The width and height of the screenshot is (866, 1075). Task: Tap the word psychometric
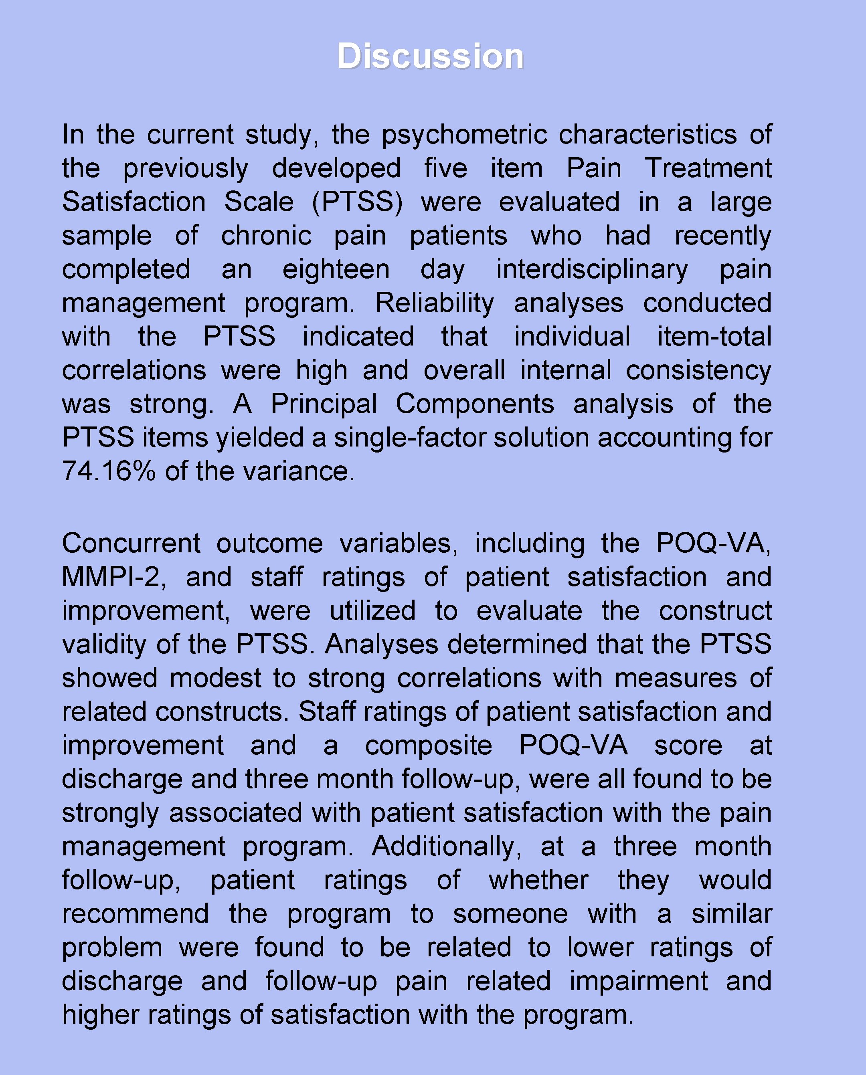[464, 135]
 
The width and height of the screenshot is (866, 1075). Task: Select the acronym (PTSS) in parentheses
[357, 202]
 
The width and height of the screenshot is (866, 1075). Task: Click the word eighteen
[336, 270]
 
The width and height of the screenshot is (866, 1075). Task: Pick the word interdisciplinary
[592, 270]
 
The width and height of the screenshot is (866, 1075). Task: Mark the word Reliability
[435, 303]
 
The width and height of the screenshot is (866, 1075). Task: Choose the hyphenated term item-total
[714, 337]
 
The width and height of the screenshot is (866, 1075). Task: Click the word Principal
[324, 404]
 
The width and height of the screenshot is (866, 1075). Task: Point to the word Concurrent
[131, 544]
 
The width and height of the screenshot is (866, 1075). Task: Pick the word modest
[216, 679]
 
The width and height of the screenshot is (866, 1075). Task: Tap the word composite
[429, 746]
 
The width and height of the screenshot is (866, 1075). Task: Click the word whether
[539, 881]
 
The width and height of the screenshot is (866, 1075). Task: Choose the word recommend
[136, 914]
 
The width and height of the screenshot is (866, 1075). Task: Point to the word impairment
[639, 982]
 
